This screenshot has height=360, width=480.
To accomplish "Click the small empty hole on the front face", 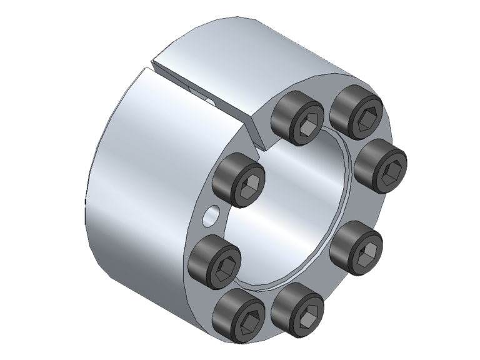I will tap(211, 216).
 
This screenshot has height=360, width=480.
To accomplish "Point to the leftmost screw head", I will tap(216, 262).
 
